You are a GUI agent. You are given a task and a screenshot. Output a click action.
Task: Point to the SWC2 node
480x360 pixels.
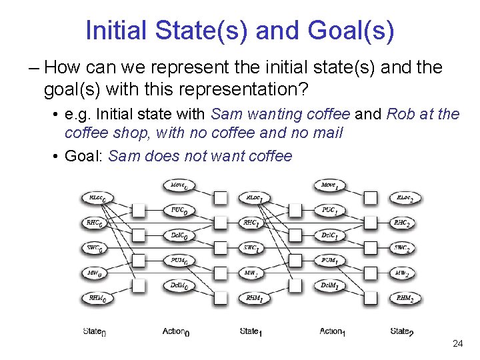click(x=402, y=248)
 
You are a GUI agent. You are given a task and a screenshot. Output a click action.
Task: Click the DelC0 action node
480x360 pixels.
click(x=178, y=235)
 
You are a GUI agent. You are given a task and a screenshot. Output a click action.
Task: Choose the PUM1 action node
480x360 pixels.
click(x=329, y=261)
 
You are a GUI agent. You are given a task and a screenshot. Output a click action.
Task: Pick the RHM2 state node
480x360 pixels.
click(x=405, y=299)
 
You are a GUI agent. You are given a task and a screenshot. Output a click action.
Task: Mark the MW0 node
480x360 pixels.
click(x=95, y=273)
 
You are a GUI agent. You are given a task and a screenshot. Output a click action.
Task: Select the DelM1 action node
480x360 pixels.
click(x=329, y=285)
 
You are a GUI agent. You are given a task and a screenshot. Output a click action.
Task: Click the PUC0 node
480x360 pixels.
click(x=178, y=210)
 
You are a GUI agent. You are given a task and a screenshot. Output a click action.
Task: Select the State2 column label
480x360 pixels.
click(x=402, y=331)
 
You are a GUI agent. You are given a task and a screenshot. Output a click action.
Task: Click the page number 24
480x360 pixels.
click(x=457, y=344)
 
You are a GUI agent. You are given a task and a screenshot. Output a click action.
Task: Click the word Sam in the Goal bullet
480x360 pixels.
click(x=121, y=156)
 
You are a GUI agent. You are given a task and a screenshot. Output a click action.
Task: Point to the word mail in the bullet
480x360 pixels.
click(x=327, y=133)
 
